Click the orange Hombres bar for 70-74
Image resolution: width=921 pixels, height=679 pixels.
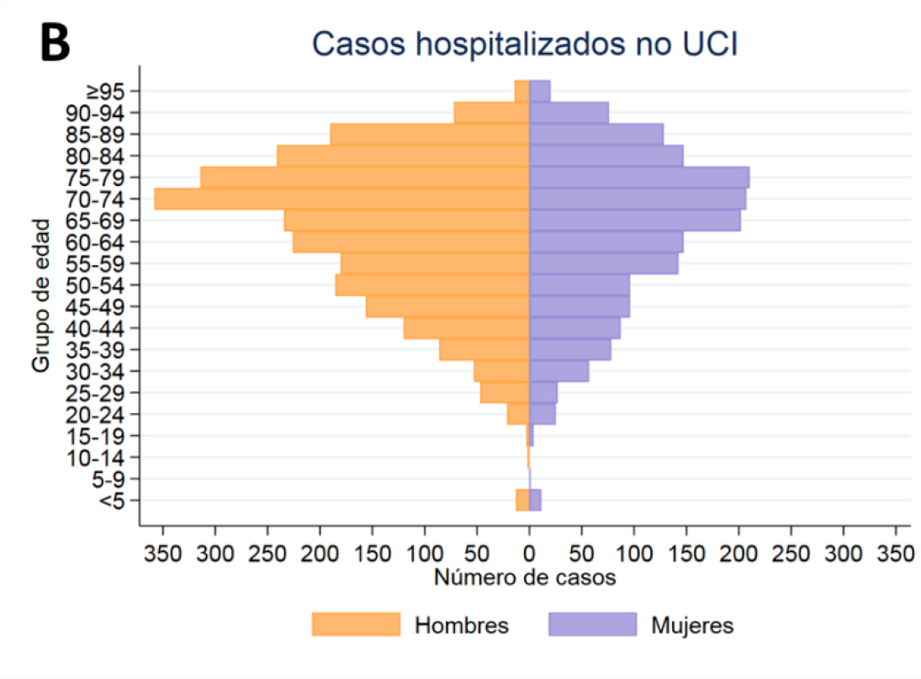click(341, 199)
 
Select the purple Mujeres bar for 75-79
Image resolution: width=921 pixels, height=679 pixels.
click(638, 178)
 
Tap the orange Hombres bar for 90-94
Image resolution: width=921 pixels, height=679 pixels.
click(491, 113)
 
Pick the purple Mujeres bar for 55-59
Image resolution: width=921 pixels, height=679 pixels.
click(603, 264)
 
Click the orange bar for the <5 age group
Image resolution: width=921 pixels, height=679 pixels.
click(522, 500)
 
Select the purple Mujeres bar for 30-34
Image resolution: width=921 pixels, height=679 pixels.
click(558, 371)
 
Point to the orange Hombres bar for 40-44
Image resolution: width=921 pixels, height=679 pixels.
click(466, 328)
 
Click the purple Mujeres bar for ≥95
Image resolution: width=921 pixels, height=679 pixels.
click(539, 91)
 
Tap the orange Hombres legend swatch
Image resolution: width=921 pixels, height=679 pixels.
click(356, 624)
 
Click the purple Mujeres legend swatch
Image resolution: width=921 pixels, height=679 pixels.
click(592, 624)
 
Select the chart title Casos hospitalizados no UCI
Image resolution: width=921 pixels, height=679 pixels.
click(524, 45)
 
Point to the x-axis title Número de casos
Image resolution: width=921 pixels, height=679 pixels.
click(526, 579)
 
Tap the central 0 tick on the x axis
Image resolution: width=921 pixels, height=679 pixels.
click(529, 554)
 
